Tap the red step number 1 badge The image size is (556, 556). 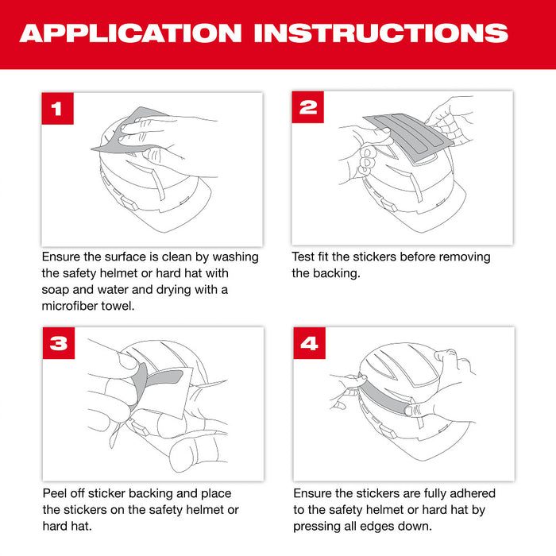coord(57,109)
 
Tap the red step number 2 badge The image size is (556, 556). coord(307,107)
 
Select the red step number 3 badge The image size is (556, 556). coord(57,344)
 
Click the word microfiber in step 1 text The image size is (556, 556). coord(75,307)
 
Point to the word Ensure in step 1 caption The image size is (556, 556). coord(63,257)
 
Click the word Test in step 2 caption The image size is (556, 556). coord(304,257)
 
